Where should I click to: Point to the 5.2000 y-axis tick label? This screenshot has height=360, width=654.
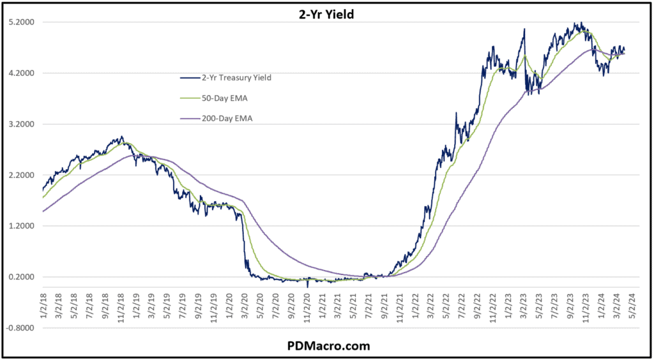(23, 22)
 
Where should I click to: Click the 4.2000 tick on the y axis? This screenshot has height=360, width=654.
(23, 73)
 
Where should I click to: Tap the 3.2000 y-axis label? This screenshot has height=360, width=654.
(23, 124)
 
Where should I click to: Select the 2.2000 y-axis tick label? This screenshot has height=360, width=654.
(23, 176)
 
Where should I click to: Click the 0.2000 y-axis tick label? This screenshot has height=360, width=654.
(23, 277)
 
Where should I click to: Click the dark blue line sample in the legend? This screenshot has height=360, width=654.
(188, 78)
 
